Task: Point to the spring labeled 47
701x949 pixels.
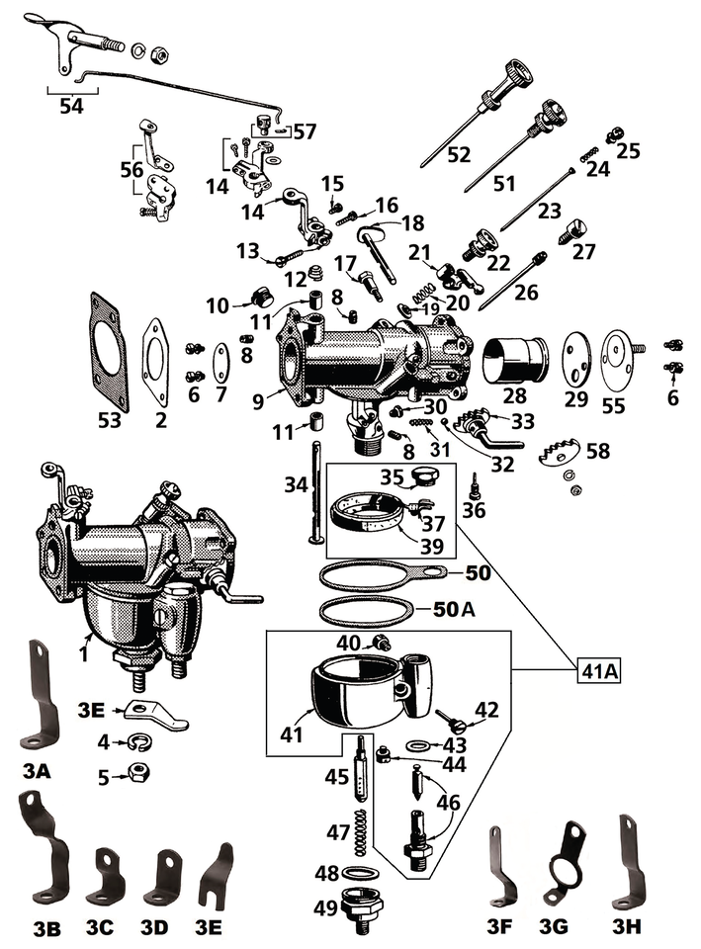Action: tap(362, 829)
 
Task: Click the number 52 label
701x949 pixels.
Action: tap(459, 155)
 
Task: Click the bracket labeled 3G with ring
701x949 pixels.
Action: tap(565, 867)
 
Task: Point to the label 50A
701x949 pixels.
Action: tap(454, 610)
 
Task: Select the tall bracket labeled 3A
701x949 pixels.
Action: tap(41, 697)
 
